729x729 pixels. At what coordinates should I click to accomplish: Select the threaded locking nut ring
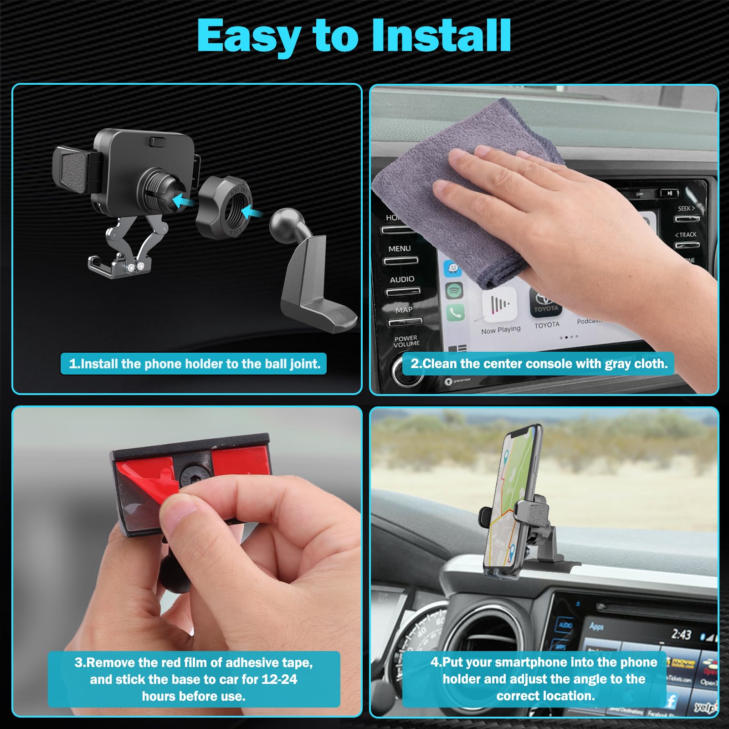(x=224, y=207)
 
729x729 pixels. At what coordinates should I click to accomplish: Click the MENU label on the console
(x=399, y=249)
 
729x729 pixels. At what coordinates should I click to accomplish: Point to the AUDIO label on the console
(x=402, y=279)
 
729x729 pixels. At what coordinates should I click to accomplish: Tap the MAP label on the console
(x=404, y=310)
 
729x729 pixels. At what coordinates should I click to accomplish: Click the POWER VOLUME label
(x=406, y=341)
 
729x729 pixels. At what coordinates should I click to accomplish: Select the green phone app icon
(x=455, y=312)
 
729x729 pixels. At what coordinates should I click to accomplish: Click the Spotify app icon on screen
(x=454, y=290)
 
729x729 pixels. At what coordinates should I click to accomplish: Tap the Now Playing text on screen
(x=501, y=329)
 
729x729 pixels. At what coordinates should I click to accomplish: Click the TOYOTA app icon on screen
(x=546, y=303)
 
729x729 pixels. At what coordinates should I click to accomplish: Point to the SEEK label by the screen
(x=686, y=209)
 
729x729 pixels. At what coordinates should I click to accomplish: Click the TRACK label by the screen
(x=686, y=235)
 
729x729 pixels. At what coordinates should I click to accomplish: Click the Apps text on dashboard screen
(x=596, y=626)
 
